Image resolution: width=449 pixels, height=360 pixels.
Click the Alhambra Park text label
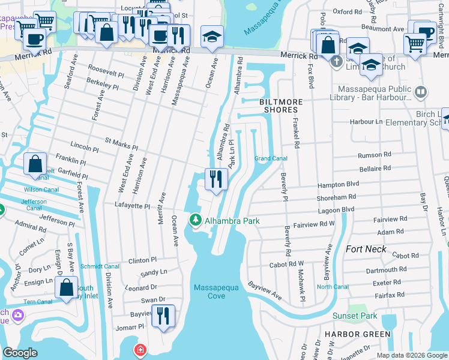click(232, 221)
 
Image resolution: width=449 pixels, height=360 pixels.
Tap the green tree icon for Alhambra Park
click(195, 221)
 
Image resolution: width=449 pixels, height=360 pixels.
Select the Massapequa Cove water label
click(217, 292)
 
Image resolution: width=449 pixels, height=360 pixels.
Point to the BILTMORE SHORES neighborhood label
click(279, 106)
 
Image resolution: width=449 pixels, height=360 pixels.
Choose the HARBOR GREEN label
click(357, 334)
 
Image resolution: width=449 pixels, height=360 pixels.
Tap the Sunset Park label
click(355, 316)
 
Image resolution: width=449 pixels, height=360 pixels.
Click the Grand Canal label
click(271, 158)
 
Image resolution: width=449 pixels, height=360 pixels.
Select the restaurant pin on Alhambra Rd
click(216, 178)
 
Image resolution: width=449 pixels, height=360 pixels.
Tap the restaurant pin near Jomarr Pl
click(163, 315)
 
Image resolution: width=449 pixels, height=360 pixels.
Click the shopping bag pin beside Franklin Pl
click(35, 163)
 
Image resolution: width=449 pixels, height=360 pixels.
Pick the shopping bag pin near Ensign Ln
click(67, 286)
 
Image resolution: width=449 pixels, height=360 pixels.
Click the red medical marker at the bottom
click(140, 350)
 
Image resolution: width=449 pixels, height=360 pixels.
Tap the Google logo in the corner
click(20, 353)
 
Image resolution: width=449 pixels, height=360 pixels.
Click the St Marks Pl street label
click(121, 143)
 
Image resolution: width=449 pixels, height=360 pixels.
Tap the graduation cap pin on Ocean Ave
click(212, 37)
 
